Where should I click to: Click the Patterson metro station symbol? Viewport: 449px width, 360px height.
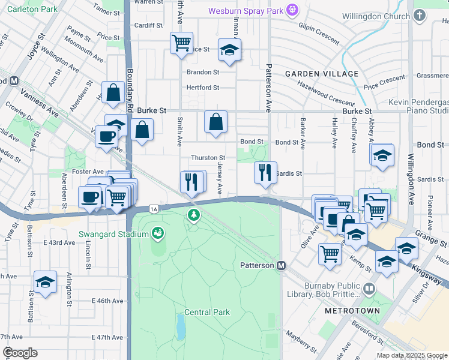pyautogui.click(x=280, y=265)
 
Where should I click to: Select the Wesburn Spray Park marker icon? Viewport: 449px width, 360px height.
pyautogui.click(x=292, y=10)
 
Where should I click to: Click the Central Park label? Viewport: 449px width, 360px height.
pyautogui.click(x=207, y=312)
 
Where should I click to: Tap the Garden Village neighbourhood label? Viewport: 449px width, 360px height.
pyautogui.click(x=322, y=74)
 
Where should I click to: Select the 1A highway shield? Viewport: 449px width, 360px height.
pyautogui.click(x=155, y=208)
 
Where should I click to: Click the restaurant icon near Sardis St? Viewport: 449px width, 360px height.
pyautogui.click(x=265, y=172)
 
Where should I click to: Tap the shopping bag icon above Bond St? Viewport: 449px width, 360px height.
pyautogui.click(x=215, y=122)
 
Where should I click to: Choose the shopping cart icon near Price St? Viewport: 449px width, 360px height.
pyautogui.click(x=181, y=43)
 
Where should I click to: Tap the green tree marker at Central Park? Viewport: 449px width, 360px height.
pyautogui.click(x=193, y=215)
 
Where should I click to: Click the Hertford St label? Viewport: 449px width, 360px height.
pyautogui.click(x=203, y=88)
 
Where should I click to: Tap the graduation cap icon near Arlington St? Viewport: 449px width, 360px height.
pyautogui.click(x=45, y=282)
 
